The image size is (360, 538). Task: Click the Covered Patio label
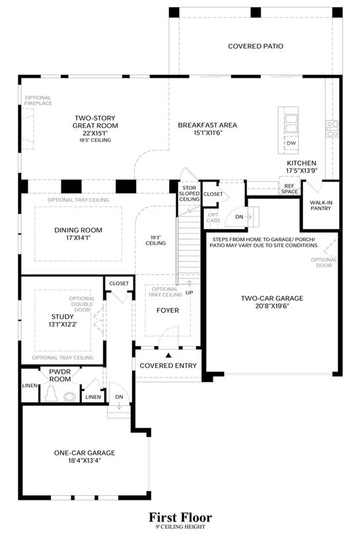click(256, 46)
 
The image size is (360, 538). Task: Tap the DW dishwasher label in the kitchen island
click(291, 143)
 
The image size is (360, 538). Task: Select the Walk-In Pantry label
click(321, 205)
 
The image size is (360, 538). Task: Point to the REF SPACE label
click(289, 189)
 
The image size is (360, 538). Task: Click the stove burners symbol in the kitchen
click(332, 129)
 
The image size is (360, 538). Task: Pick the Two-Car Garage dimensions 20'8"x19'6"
click(272, 306)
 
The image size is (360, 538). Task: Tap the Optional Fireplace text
click(38, 100)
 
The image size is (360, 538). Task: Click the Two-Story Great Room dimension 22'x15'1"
click(95, 133)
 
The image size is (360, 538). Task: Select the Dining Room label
click(78, 230)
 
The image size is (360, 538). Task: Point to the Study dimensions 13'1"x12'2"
click(63, 324)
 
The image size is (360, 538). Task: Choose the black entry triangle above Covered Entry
click(168, 355)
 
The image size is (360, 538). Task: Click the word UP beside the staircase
click(190, 292)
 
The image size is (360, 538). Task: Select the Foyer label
click(168, 310)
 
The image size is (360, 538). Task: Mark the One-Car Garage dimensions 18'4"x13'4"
click(85, 461)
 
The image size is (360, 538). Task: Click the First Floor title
click(180, 517)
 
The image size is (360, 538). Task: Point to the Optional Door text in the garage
click(324, 263)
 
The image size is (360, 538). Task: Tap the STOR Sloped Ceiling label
click(189, 193)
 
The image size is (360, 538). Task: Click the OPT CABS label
click(213, 218)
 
